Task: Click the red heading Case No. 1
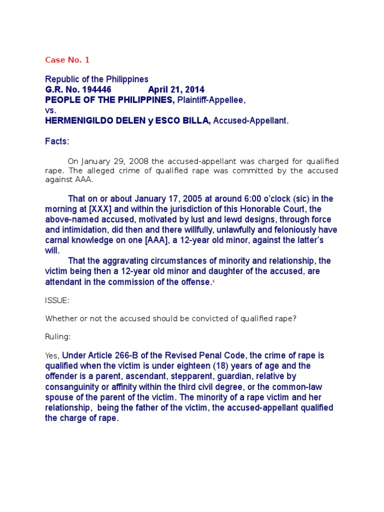(x=67, y=60)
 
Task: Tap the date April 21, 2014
(x=176, y=89)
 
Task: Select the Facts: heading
(x=57, y=141)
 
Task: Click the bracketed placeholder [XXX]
(x=115, y=209)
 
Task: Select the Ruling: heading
(x=57, y=337)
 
